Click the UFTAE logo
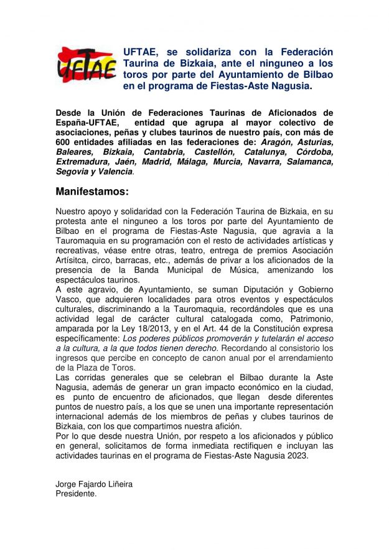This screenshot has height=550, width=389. (87, 65)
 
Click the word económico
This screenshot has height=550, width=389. (245, 386)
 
